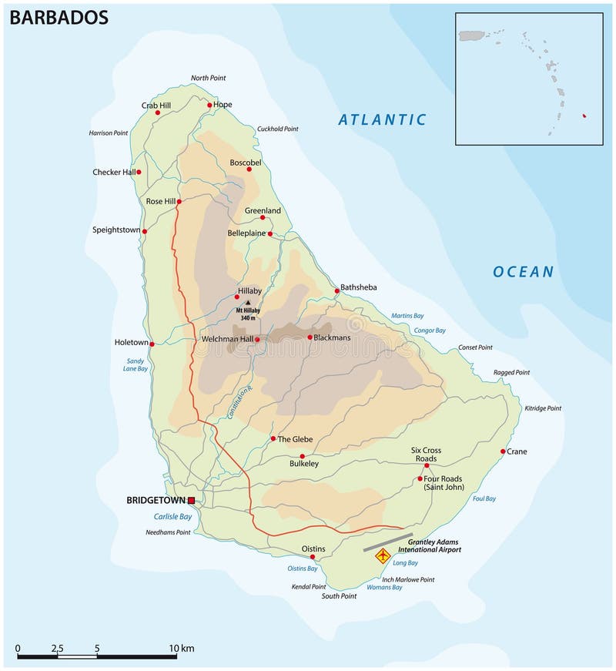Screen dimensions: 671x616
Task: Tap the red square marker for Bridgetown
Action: click(191, 501)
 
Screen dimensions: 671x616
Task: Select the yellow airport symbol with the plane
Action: click(382, 555)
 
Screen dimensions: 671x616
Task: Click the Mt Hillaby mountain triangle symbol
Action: click(247, 303)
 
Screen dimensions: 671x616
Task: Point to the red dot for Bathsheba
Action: click(336, 291)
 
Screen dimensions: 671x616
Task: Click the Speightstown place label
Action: click(116, 230)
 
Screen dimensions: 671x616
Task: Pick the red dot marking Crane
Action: click(503, 451)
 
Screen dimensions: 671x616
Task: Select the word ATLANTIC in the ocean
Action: click(383, 119)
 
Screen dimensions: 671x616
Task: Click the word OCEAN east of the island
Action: click(524, 271)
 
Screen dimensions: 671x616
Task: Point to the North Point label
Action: click(210, 78)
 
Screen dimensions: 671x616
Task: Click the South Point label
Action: click(340, 596)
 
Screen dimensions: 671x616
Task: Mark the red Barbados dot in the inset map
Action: click(584, 116)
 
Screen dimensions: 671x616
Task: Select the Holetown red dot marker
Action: click(152, 344)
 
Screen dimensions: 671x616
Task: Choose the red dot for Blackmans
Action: click(310, 337)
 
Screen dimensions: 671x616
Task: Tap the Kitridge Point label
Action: click(543, 408)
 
